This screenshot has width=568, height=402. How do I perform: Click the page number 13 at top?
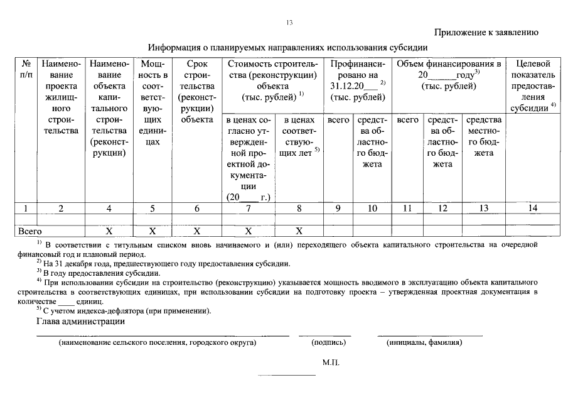click(x=289, y=23)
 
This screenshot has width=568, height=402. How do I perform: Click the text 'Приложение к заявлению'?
click(x=486, y=33)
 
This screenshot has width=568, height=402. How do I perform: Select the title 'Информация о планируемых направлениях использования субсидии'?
click(x=287, y=47)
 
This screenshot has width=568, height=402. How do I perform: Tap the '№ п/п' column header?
click(x=27, y=69)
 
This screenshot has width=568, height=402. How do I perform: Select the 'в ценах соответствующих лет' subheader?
click(x=299, y=136)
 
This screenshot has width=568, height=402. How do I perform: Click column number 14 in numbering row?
click(x=532, y=209)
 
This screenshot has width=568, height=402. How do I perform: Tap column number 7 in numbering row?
click(x=249, y=209)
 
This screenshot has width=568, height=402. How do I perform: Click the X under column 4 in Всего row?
click(x=109, y=231)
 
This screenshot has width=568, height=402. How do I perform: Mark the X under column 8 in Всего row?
click(x=299, y=231)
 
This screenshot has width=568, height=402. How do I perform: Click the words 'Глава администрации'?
click(x=80, y=322)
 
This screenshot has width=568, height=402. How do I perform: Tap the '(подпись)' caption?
click(x=328, y=343)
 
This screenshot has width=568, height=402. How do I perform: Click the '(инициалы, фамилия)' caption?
click(x=424, y=343)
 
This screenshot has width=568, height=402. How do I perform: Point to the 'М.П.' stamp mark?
click(x=331, y=363)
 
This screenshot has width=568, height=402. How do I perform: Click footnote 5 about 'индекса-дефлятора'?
click(x=124, y=311)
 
